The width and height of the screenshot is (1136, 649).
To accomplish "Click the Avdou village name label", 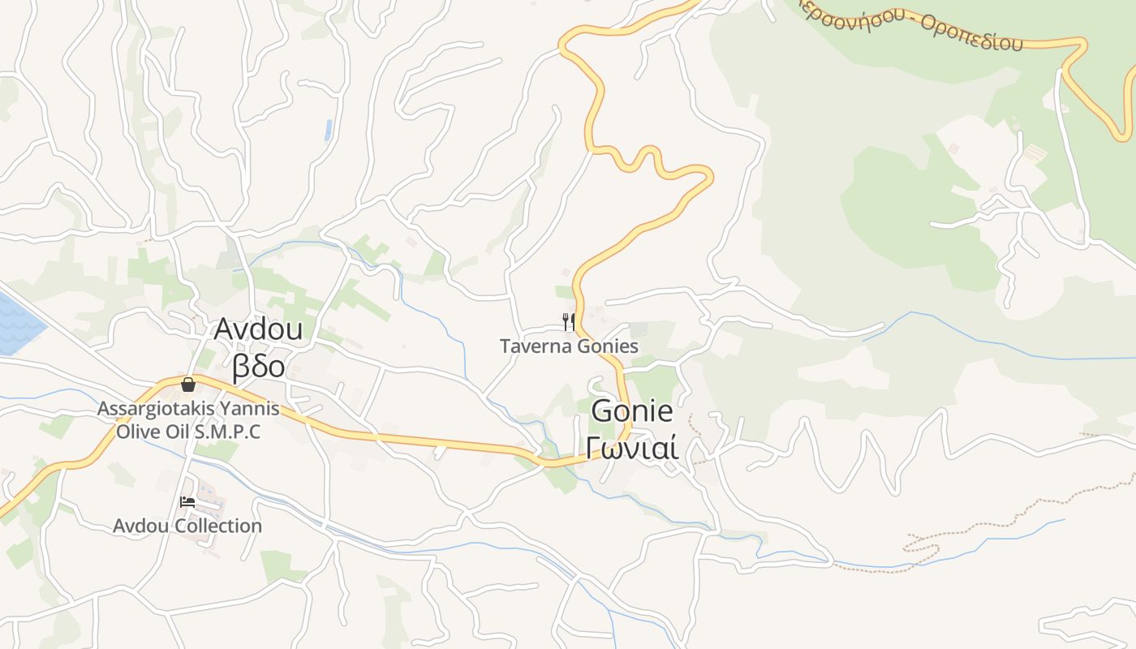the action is (x=258, y=329).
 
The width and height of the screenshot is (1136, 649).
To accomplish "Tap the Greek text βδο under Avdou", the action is (x=258, y=366).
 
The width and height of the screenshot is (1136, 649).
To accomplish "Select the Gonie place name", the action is (x=632, y=411).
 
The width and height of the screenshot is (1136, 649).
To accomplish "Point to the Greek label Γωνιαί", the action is (x=632, y=447).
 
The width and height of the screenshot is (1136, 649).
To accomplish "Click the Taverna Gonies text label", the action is (x=569, y=346).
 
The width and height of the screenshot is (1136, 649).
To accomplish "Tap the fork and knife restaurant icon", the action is (x=569, y=322).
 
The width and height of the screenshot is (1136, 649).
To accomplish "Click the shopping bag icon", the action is (x=188, y=385).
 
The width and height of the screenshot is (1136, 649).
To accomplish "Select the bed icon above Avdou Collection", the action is (x=187, y=502).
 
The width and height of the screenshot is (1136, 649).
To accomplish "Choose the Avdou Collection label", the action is (x=187, y=526).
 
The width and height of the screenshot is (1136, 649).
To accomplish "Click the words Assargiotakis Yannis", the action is (x=188, y=409).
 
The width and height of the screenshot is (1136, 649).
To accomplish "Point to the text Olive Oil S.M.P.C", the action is (x=188, y=432).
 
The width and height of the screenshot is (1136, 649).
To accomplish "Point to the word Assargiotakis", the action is (x=157, y=409).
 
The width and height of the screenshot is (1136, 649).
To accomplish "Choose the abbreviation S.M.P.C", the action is (x=227, y=432).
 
